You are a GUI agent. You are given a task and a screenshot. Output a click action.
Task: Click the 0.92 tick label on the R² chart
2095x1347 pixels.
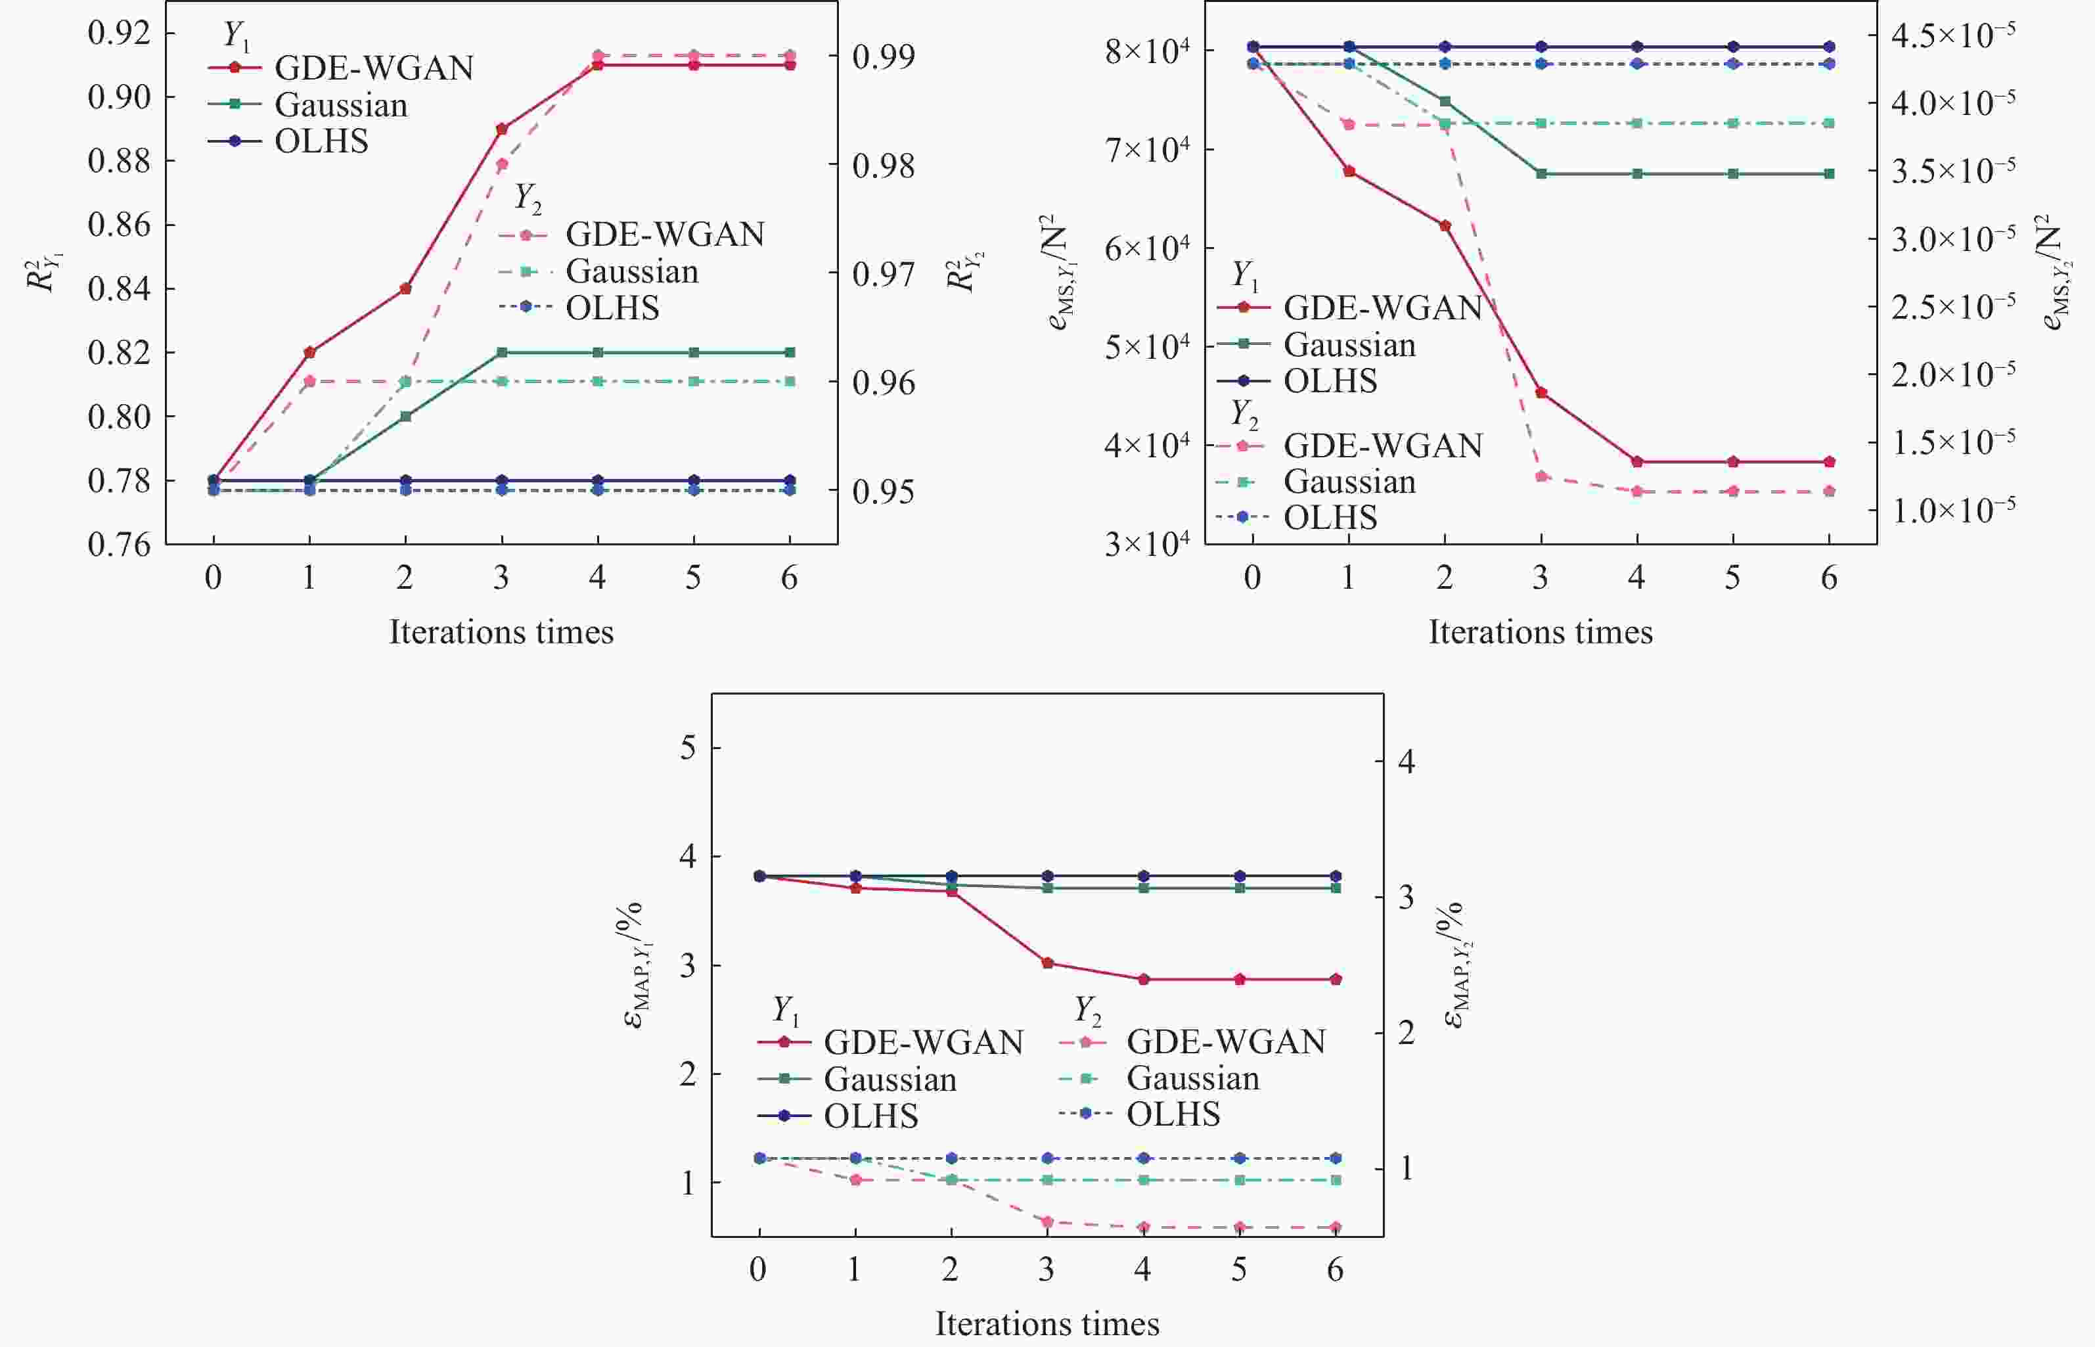pos(119,34)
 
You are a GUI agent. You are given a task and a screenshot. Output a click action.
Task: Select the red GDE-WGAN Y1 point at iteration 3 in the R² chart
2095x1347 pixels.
pos(502,129)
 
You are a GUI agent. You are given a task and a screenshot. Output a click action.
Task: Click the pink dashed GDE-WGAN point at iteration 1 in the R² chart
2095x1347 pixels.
pos(309,381)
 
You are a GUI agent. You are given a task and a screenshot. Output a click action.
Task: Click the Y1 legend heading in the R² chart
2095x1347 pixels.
pos(235,35)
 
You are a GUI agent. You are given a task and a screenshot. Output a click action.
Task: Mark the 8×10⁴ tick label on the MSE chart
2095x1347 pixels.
pos(1146,51)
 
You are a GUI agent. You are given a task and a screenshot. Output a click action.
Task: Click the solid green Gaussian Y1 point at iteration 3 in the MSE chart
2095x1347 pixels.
pos(1541,174)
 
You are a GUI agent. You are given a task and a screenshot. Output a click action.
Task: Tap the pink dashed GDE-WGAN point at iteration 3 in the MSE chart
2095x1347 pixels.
pos(1541,476)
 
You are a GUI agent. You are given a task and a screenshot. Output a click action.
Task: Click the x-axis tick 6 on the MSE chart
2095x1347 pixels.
pos(1828,578)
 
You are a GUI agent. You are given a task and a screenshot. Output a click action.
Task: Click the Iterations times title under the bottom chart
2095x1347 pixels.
pos(1047,1323)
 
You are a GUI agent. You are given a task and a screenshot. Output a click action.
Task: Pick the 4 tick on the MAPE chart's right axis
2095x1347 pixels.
pos(1406,762)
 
